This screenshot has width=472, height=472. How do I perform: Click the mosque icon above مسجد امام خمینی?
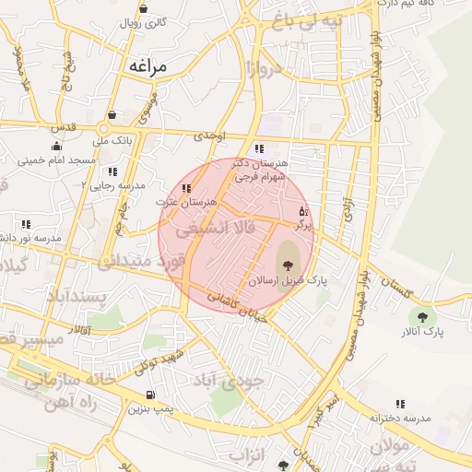coord(56,146)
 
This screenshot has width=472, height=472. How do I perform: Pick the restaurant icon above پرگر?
coord(302,211)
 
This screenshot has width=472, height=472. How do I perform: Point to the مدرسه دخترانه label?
coord(400,418)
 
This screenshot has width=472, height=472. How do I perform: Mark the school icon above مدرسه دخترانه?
coord(400,404)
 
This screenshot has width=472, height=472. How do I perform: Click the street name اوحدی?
coord(209,136)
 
